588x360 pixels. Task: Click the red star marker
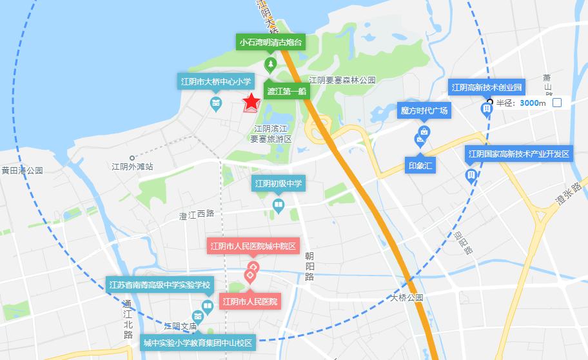(250, 102)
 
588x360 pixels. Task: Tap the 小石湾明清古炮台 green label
(271, 43)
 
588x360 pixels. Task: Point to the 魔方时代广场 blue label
(424, 110)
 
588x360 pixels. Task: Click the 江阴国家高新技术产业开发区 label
(519, 154)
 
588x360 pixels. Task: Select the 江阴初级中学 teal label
(279, 184)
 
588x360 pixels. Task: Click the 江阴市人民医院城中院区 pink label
(252, 246)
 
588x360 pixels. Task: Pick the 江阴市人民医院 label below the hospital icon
(250, 301)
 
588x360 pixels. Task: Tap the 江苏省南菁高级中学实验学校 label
(159, 285)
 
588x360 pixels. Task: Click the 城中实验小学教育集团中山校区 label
(198, 342)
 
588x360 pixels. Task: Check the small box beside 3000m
(557, 103)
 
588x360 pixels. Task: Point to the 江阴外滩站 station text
(132, 166)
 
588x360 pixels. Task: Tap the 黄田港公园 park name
(21, 171)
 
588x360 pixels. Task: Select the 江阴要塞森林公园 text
(342, 81)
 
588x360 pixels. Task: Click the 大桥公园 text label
(407, 298)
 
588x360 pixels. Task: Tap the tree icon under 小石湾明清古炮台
(271, 63)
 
